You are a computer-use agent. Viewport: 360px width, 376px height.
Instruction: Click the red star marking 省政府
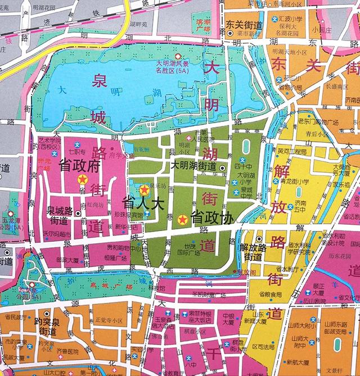point(83,180)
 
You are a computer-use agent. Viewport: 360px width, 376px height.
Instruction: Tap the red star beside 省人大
point(145,189)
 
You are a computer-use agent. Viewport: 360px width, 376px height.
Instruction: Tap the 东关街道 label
point(245,25)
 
